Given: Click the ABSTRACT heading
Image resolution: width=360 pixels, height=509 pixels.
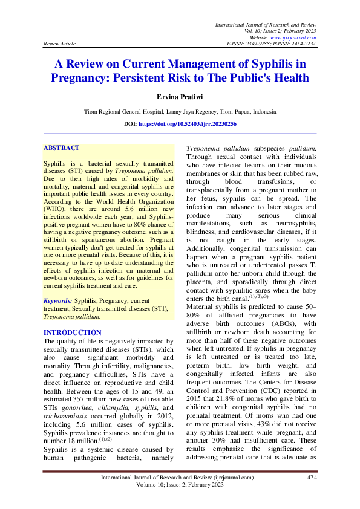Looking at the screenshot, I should [x=62, y=148].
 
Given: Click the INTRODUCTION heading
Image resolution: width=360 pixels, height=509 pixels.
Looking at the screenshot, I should [x=73, y=332].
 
